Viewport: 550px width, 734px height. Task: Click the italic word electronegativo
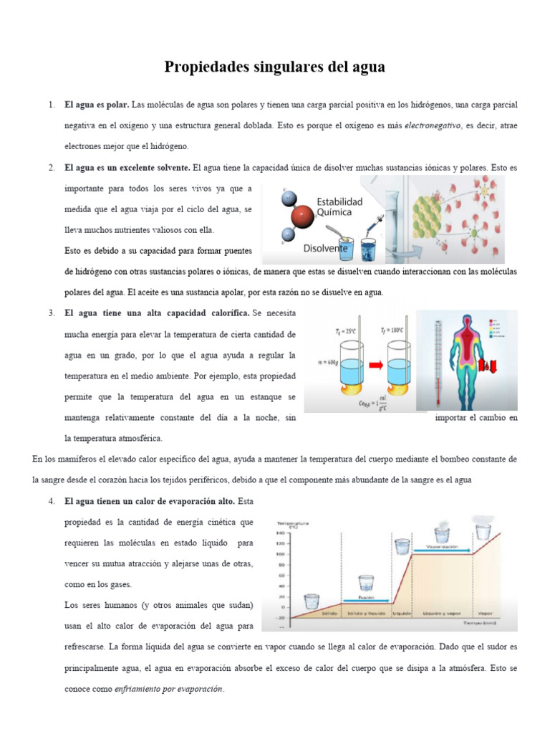(432, 125)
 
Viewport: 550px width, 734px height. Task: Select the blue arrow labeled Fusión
(367, 600)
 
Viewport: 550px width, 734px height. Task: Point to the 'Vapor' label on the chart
(486, 614)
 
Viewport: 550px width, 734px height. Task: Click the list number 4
(52, 500)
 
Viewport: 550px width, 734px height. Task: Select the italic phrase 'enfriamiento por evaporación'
(169, 690)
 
